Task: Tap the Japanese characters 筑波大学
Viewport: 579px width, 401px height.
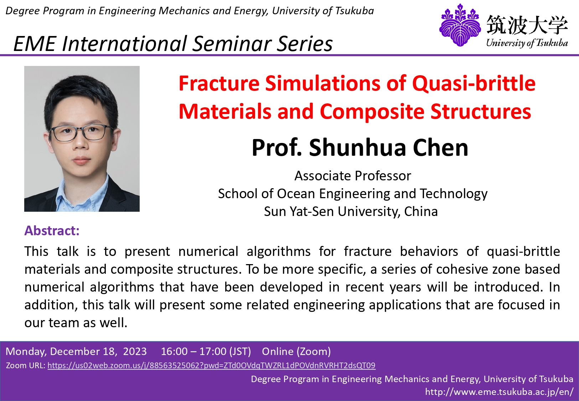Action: [527, 25]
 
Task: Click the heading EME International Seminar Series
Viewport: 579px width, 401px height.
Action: [173, 43]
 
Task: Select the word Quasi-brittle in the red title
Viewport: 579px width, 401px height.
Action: [474, 83]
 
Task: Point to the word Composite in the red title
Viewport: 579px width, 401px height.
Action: [373, 112]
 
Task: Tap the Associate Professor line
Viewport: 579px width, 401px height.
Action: [353, 176]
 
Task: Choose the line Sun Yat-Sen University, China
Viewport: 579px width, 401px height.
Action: [351, 211]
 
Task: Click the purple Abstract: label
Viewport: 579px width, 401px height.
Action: [52, 231]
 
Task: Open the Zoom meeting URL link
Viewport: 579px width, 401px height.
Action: [211, 365]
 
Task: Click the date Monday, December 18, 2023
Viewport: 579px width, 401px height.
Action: [76, 351]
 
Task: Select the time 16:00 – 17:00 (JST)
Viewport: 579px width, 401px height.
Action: [206, 351]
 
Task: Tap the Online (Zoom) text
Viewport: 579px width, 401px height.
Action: [296, 351]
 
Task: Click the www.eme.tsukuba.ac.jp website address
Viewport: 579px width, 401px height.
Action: [499, 392]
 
